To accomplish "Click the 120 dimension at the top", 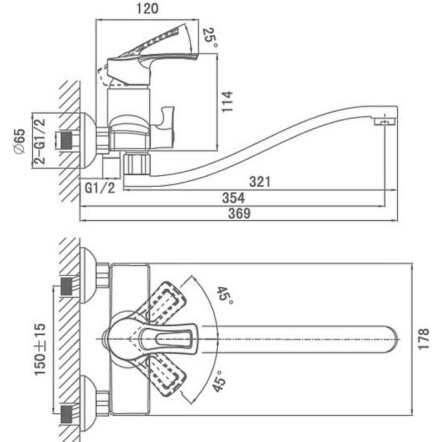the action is coord(147,9).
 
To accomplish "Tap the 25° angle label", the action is coord(211,38).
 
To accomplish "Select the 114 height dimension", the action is coord(227,102).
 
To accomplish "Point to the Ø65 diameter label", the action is coord(20,141).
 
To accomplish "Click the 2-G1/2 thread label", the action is coord(39,141).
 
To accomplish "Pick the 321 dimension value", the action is coord(260,182).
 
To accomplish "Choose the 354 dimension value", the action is coord(233,198).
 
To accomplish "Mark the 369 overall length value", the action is coord(239,213).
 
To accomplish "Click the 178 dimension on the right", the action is coord(423,339).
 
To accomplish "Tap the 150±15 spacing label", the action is coord(40,349).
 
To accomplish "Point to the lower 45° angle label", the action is coord(219,381).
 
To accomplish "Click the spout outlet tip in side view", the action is coord(385,122).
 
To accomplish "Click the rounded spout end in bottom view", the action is coord(391,339).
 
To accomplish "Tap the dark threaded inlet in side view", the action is coord(67,139).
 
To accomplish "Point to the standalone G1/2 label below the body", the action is coord(100,188).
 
